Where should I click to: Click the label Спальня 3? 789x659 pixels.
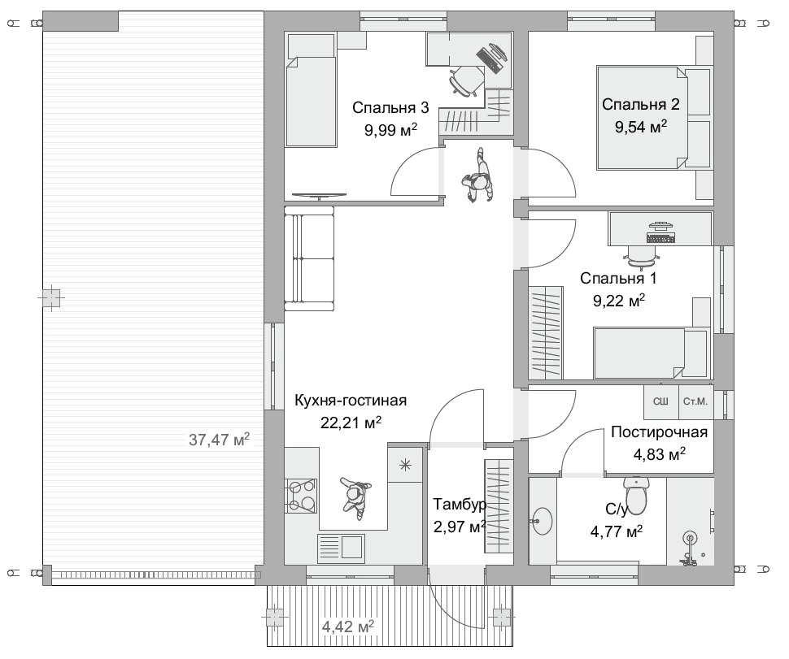click(x=390, y=107)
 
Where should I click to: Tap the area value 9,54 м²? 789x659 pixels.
click(x=641, y=126)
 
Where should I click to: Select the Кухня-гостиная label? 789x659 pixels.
click(x=351, y=401)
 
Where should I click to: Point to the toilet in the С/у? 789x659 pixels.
click(x=637, y=496)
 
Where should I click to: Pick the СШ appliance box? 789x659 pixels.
click(x=661, y=401)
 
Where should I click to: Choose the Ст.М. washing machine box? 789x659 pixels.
click(x=696, y=401)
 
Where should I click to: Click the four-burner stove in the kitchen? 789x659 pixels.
click(x=300, y=496)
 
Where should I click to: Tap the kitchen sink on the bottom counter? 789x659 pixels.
click(x=341, y=548)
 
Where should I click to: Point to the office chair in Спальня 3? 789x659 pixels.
click(x=467, y=80)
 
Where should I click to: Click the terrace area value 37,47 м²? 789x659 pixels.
click(x=219, y=440)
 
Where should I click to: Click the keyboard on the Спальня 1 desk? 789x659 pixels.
click(x=660, y=238)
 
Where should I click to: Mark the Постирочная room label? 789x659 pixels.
click(x=659, y=431)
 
